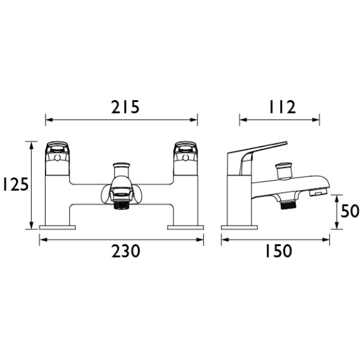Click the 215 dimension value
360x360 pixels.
tap(125, 107)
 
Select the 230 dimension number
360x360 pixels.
tap(125, 251)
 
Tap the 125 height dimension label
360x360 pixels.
tap(15, 184)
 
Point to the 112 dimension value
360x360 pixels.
tap(282, 107)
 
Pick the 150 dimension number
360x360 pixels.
tap(279, 251)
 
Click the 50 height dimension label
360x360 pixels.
tap(350, 211)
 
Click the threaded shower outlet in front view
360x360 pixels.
tap(121, 205)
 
